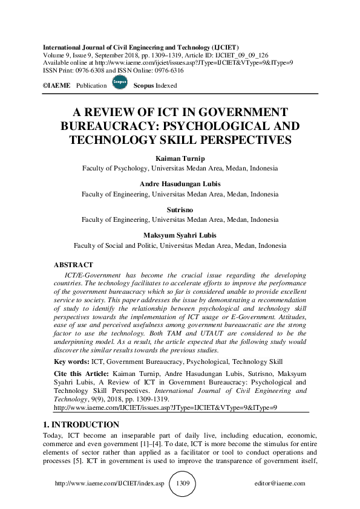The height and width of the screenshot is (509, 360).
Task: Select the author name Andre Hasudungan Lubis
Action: pos(180,183)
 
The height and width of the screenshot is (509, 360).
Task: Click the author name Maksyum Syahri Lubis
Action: pos(180,235)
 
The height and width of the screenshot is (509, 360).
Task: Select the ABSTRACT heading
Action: pos(73,265)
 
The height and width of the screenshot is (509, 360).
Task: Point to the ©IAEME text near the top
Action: pos(56,86)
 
